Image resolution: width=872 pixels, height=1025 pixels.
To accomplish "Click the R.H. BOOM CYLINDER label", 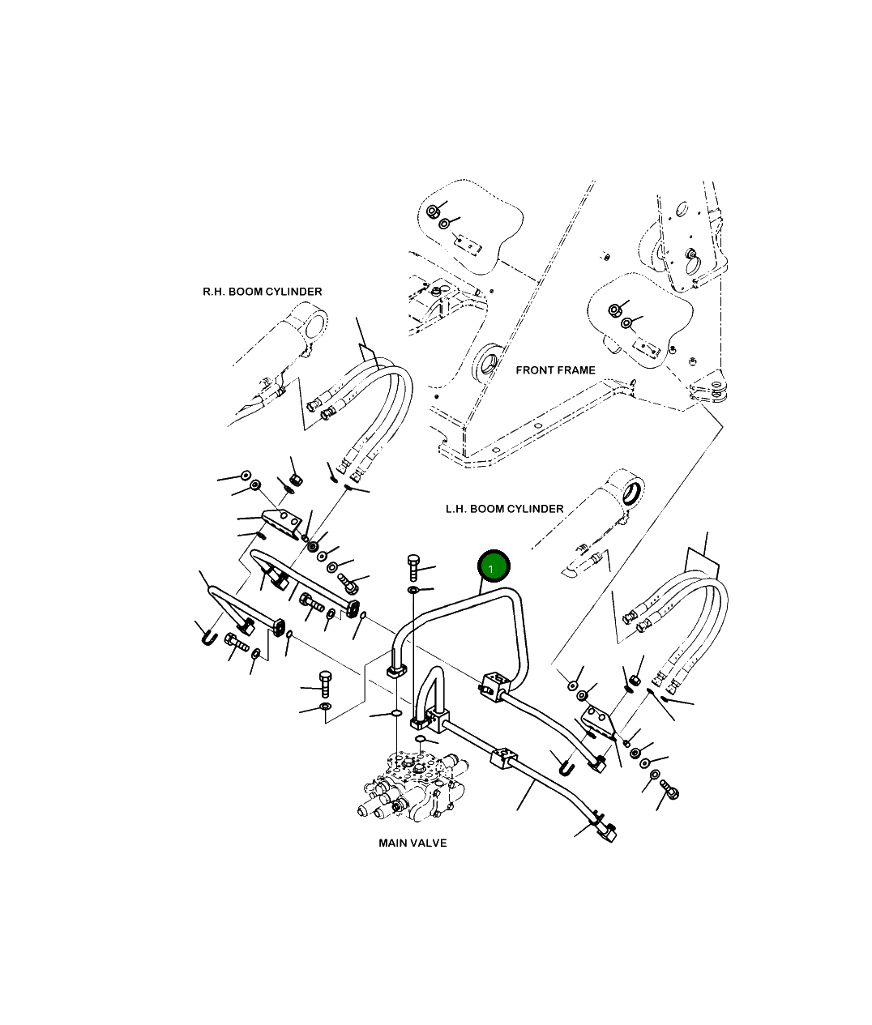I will pyautogui.click(x=262, y=292).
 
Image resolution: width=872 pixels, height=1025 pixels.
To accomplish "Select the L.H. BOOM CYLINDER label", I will pyautogui.click(x=504, y=509).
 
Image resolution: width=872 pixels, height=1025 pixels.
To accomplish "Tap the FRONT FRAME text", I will pyautogui.click(x=555, y=370).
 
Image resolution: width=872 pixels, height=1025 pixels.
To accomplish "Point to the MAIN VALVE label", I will pyautogui.click(x=412, y=843).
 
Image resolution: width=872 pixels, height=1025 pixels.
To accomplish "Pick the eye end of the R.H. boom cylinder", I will pyautogui.click(x=310, y=325).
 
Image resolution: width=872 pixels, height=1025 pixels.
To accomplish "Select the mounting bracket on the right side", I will pyautogui.click(x=601, y=721).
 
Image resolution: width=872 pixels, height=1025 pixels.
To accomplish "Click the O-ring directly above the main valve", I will pyautogui.click(x=394, y=713).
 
